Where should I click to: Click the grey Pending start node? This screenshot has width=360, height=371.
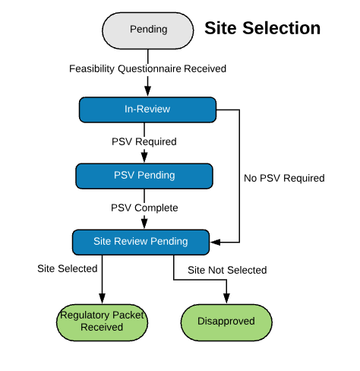(148, 30)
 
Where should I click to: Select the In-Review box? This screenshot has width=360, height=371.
(147, 109)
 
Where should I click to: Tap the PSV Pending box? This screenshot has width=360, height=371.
(144, 176)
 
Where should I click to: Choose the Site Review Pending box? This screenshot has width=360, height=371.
(141, 243)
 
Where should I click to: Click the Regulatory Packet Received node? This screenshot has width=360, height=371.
(102, 322)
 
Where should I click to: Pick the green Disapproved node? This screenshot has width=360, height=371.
(226, 322)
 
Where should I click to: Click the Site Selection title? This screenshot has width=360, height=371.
(263, 28)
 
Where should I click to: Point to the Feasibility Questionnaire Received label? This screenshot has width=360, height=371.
(147, 68)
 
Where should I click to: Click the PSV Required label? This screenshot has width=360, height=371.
(144, 141)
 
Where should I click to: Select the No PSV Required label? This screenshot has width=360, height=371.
(284, 178)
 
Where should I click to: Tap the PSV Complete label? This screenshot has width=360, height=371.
(144, 208)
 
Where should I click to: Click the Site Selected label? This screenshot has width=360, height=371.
(68, 268)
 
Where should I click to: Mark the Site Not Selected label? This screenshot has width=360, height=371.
(227, 270)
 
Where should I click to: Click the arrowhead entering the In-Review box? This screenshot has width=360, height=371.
(148, 91)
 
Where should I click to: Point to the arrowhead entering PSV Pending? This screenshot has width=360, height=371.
(144, 157)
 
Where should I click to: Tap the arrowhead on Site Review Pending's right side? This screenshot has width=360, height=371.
(215, 243)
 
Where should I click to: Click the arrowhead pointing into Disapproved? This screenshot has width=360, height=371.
(226, 299)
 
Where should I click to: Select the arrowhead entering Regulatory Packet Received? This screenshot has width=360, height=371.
(102, 299)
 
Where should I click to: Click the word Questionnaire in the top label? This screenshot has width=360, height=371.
(150, 69)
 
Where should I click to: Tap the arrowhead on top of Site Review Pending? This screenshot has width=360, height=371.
(144, 224)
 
